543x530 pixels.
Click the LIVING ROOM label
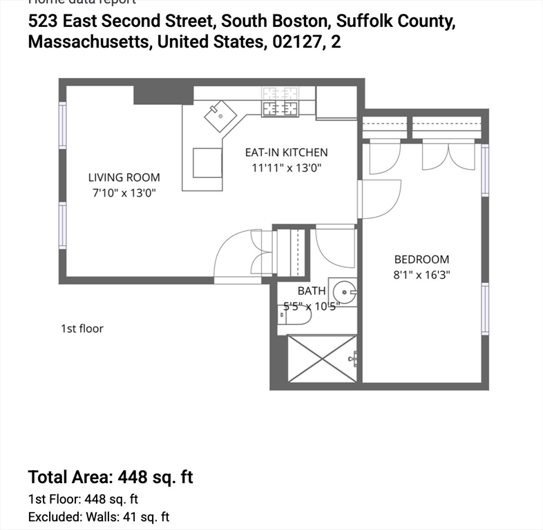point(124,177)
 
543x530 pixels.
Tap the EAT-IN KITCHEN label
point(287,153)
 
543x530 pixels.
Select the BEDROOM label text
point(421,259)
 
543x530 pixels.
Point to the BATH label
point(312,291)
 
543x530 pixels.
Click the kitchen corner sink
point(220,115)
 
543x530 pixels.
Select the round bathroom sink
point(343,292)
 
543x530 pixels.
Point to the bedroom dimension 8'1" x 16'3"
point(421,274)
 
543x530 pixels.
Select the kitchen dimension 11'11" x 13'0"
point(287,167)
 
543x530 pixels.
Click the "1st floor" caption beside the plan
point(82,328)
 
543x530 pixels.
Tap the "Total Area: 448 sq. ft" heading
point(111,477)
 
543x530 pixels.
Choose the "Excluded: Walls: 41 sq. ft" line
point(99,517)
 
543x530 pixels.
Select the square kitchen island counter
point(207,162)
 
